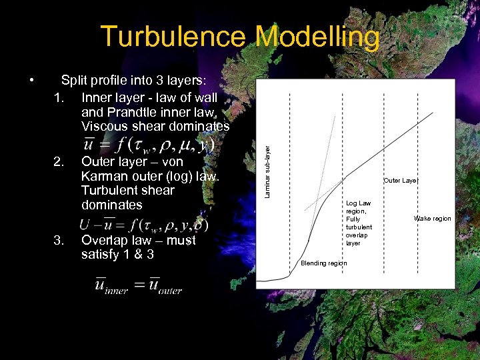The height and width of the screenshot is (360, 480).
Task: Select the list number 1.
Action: click(59, 97)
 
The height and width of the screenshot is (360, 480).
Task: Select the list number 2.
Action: click(59, 161)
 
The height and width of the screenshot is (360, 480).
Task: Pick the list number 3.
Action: click(59, 240)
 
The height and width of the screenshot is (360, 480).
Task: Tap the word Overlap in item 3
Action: click(105, 240)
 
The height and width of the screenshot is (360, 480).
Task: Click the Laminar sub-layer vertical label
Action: click(267, 163)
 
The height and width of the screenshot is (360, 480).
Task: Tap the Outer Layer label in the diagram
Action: click(401, 180)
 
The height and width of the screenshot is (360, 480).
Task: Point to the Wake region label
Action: click(432, 219)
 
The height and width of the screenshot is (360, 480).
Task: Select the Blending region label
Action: click(323, 263)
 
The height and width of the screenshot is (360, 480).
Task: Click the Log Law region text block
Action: click(359, 223)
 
